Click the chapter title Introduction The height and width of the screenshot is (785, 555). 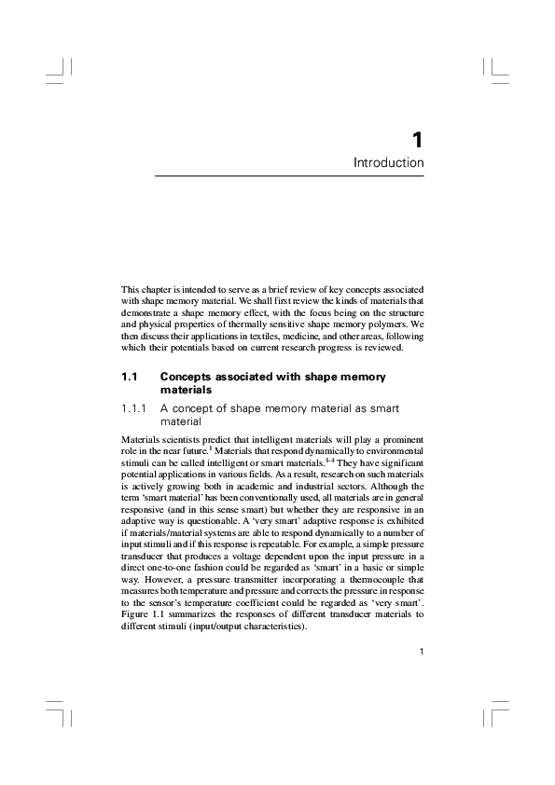(389, 163)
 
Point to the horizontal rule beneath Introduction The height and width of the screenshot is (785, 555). (289, 176)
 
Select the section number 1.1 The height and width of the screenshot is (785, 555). (130, 377)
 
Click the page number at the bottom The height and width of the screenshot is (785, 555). (422, 652)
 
